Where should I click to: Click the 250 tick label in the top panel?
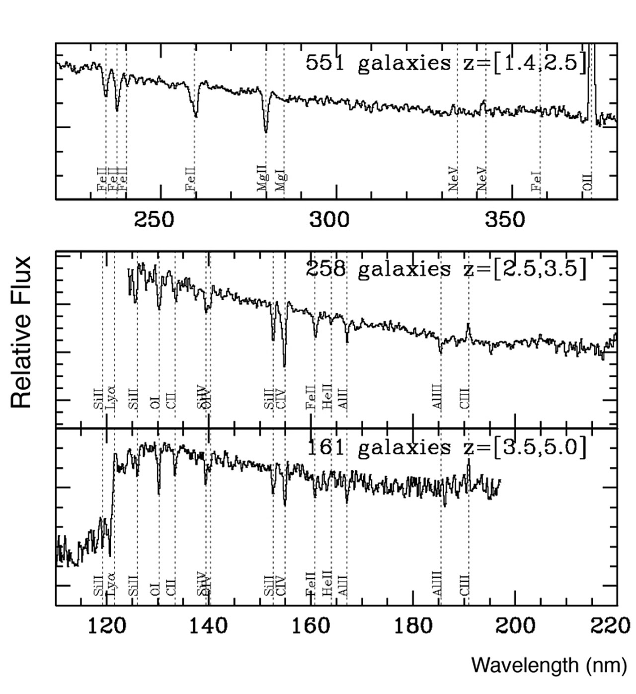[155, 219]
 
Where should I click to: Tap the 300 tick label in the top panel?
[329, 219]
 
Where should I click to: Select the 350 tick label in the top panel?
[505, 219]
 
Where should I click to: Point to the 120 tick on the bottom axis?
[107, 625]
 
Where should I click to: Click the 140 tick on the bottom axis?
[208, 625]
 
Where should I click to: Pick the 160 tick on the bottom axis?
[311, 625]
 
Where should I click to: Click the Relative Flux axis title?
[21, 332]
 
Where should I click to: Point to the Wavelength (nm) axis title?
[549, 665]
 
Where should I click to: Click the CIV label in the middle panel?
[281, 398]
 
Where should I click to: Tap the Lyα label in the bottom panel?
[112, 585]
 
